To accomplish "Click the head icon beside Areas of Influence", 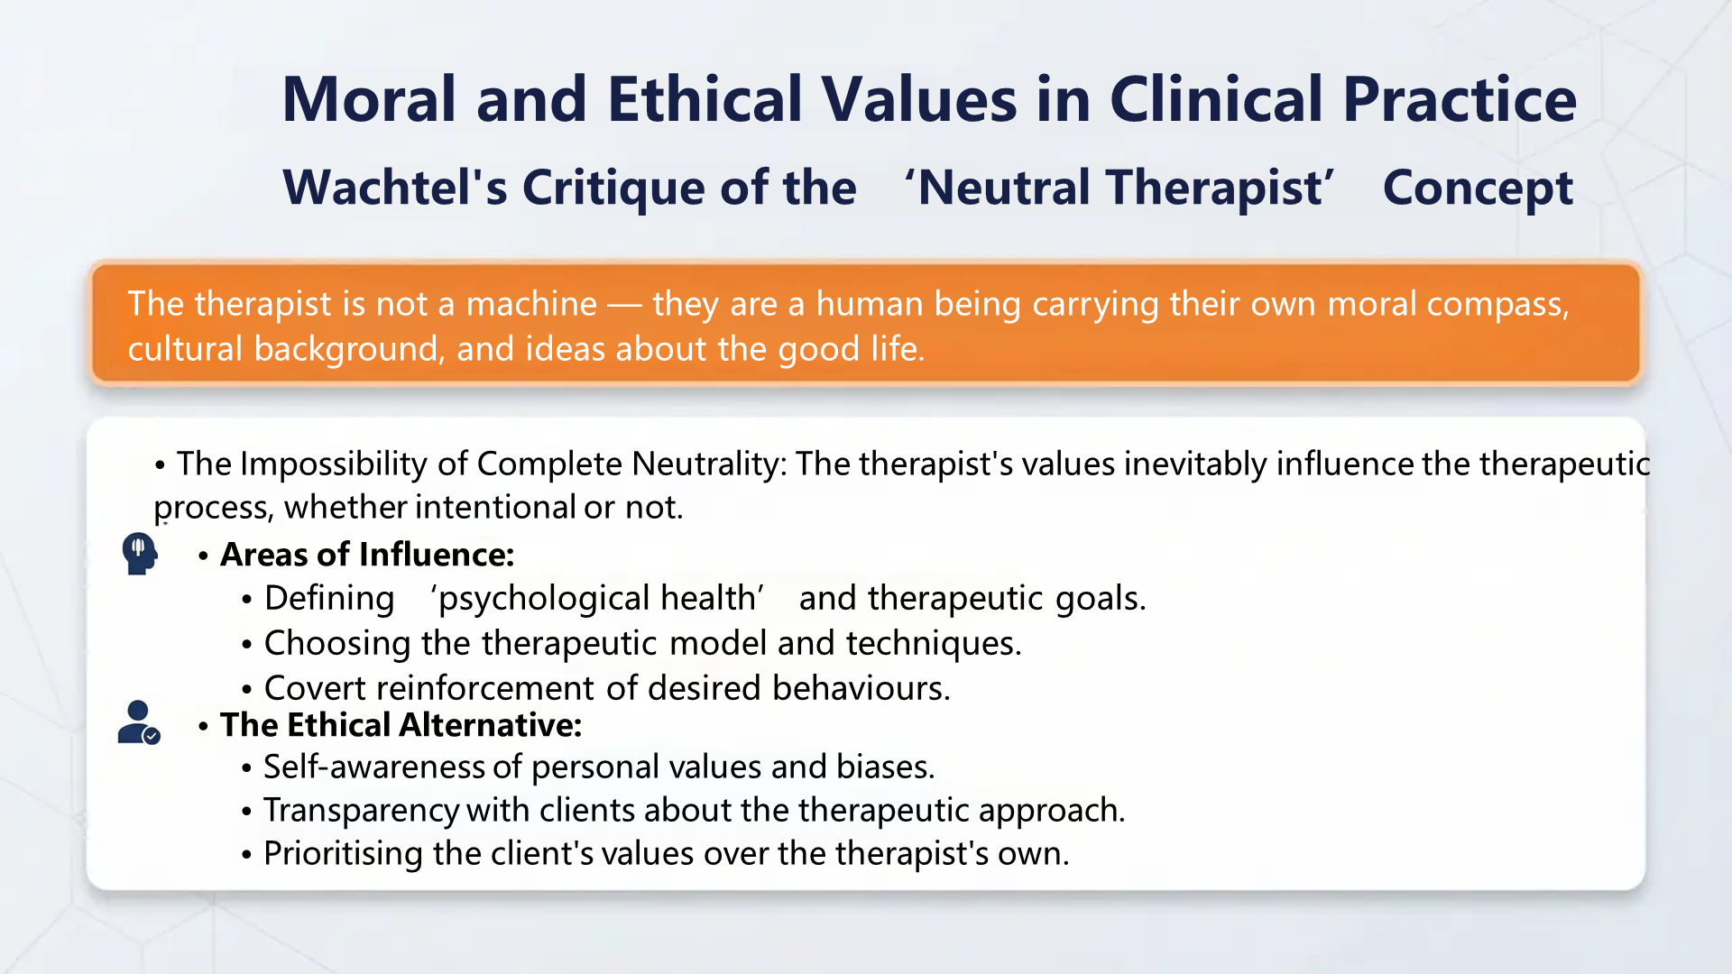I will pyautogui.click(x=140, y=553).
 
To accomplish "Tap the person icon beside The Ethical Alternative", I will pyautogui.click(x=138, y=723).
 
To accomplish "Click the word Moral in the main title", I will pyautogui.click(x=370, y=99).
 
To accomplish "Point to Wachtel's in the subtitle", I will pyautogui.click(x=394, y=188).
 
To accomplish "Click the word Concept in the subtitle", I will pyautogui.click(x=1477, y=188).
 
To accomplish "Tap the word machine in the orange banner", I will pyautogui.click(x=531, y=304).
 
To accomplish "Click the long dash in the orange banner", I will pyautogui.click(x=624, y=305).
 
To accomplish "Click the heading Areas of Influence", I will pyautogui.click(x=367, y=555).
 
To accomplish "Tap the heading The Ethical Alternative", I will pyautogui.click(x=401, y=725).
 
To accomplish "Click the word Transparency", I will pyautogui.click(x=361, y=810).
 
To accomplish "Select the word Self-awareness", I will pyautogui.click(x=373, y=767).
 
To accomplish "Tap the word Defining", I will pyautogui.click(x=329, y=598).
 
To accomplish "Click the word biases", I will pyautogui.click(x=884, y=767).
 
